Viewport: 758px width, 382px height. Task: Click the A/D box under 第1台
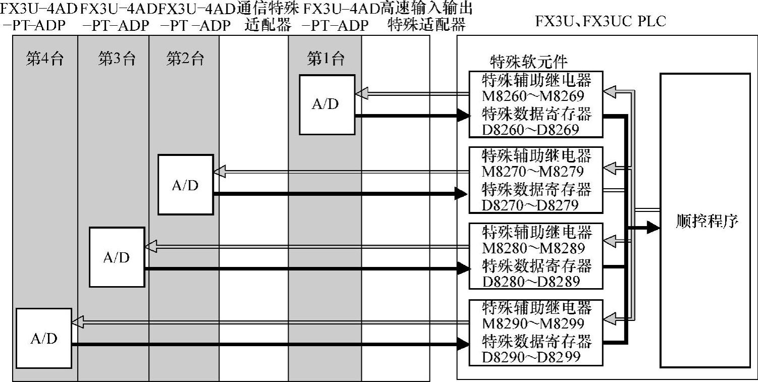click(327, 104)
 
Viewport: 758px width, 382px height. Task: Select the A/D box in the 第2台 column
click(185, 185)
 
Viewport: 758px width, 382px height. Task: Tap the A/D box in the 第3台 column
click(117, 257)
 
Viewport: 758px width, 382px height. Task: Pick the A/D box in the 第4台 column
click(44, 338)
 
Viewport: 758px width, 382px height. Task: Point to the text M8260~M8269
click(533, 96)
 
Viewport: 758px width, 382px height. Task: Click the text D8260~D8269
click(530, 130)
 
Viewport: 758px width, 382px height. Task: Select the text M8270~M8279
click(533, 172)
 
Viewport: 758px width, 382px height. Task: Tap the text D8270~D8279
click(530, 205)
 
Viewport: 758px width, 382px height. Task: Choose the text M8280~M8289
click(533, 248)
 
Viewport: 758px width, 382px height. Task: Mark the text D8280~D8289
click(530, 281)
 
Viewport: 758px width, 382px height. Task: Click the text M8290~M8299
click(533, 323)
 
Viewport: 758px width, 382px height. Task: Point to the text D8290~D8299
click(530, 356)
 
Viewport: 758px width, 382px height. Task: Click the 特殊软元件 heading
click(528, 62)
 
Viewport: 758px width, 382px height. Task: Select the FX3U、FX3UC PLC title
click(601, 21)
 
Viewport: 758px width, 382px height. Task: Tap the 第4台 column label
click(45, 59)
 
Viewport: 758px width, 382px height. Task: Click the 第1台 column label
click(326, 59)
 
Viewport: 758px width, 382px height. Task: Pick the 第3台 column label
click(117, 59)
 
